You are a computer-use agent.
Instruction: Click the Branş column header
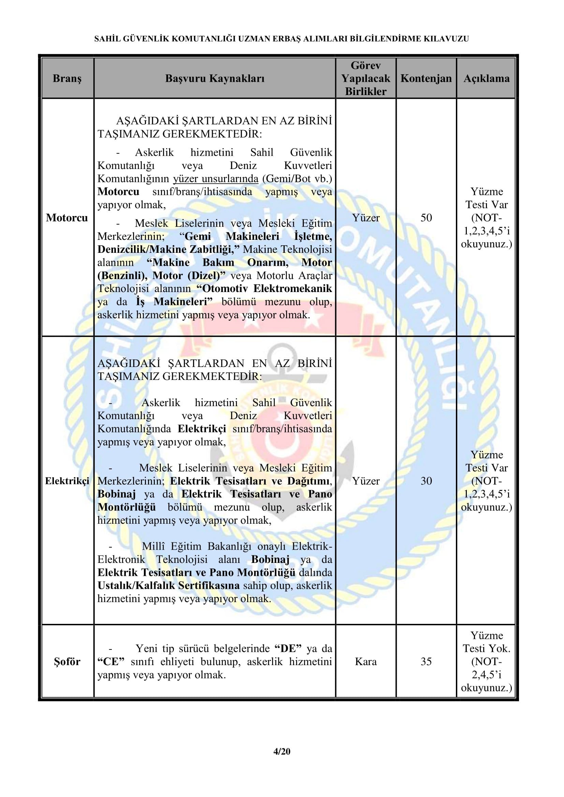point(67,78)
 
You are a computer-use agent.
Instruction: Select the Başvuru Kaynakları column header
point(214,78)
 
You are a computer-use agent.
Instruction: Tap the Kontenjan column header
point(426,78)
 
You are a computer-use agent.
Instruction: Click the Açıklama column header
point(486,78)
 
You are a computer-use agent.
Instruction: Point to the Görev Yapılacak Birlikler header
point(366,78)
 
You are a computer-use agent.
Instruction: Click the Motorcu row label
point(67,218)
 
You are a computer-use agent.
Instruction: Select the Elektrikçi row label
point(67,481)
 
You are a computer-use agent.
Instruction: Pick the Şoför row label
point(67,662)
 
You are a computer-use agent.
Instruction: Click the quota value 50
point(426,218)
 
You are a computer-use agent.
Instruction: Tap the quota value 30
point(426,481)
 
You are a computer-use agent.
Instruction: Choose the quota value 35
point(426,662)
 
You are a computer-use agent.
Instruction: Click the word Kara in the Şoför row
point(366,662)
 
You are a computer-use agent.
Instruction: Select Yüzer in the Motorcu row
point(366,218)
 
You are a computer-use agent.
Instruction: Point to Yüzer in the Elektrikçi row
point(366,481)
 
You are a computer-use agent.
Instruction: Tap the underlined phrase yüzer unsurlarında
point(216,179)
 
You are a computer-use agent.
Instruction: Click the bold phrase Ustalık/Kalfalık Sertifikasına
point(168,586)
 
